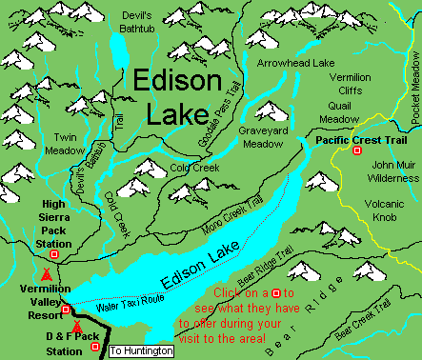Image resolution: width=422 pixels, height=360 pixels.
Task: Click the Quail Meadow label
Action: [x=337, y=112]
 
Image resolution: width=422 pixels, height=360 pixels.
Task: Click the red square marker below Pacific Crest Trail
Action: [x=357, y=150]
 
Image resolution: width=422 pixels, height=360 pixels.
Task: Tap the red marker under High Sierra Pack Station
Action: [x=54, y=254]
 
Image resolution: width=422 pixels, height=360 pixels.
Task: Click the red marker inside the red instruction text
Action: [x=275, y=292]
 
